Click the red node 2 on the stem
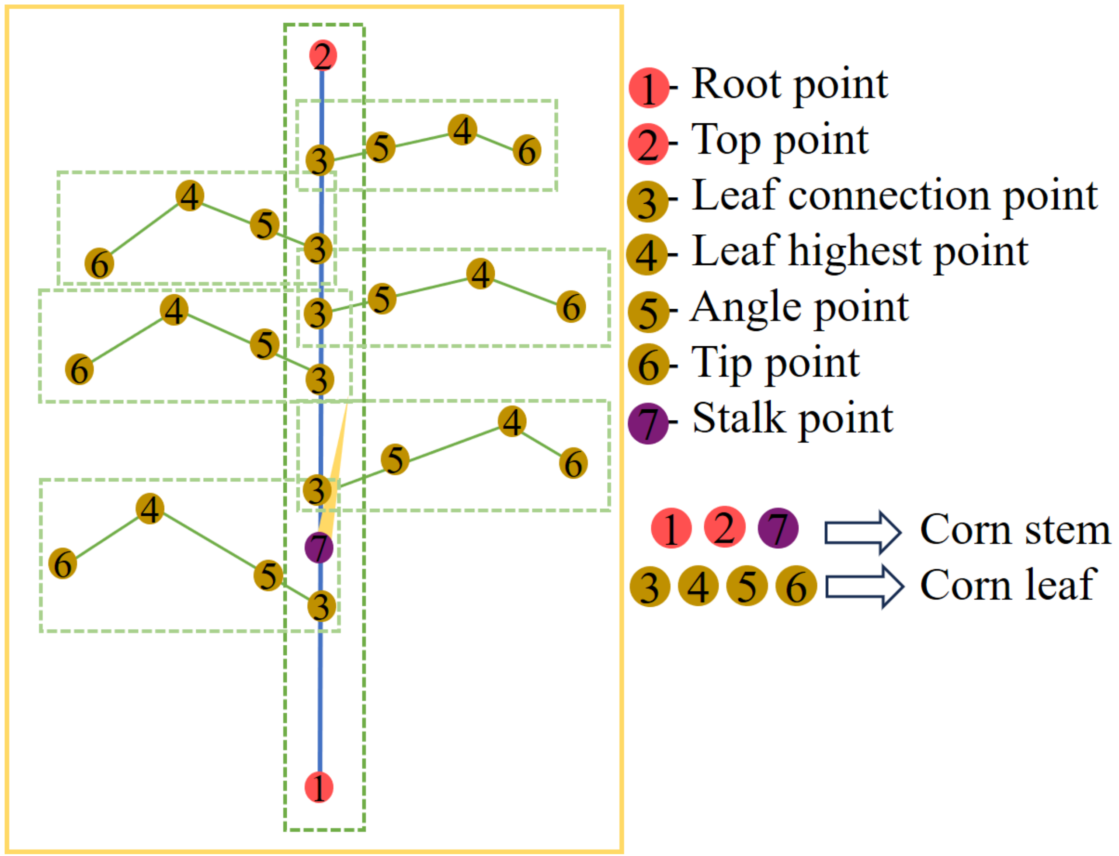click(x=323, y=55)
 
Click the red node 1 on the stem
click(x=319, y=787)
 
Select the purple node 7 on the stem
click(x=319, y=548)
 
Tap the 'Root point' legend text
click(x=789, y=85)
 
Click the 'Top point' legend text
click(x=779, y=141)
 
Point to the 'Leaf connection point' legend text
click(x=894, y=197)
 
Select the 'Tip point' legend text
click(x=775, y=364)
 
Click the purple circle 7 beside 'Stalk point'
click(x=648, y=424)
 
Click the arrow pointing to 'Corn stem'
click(x=863, y=532)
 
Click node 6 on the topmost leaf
click(x=527, y=150)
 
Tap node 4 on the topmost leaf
click(x=462, y=130)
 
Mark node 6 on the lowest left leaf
click(x=63, y=564)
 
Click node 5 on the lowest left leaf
click(x=268, y=575)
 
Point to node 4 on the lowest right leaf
click(x=512, y=421)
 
